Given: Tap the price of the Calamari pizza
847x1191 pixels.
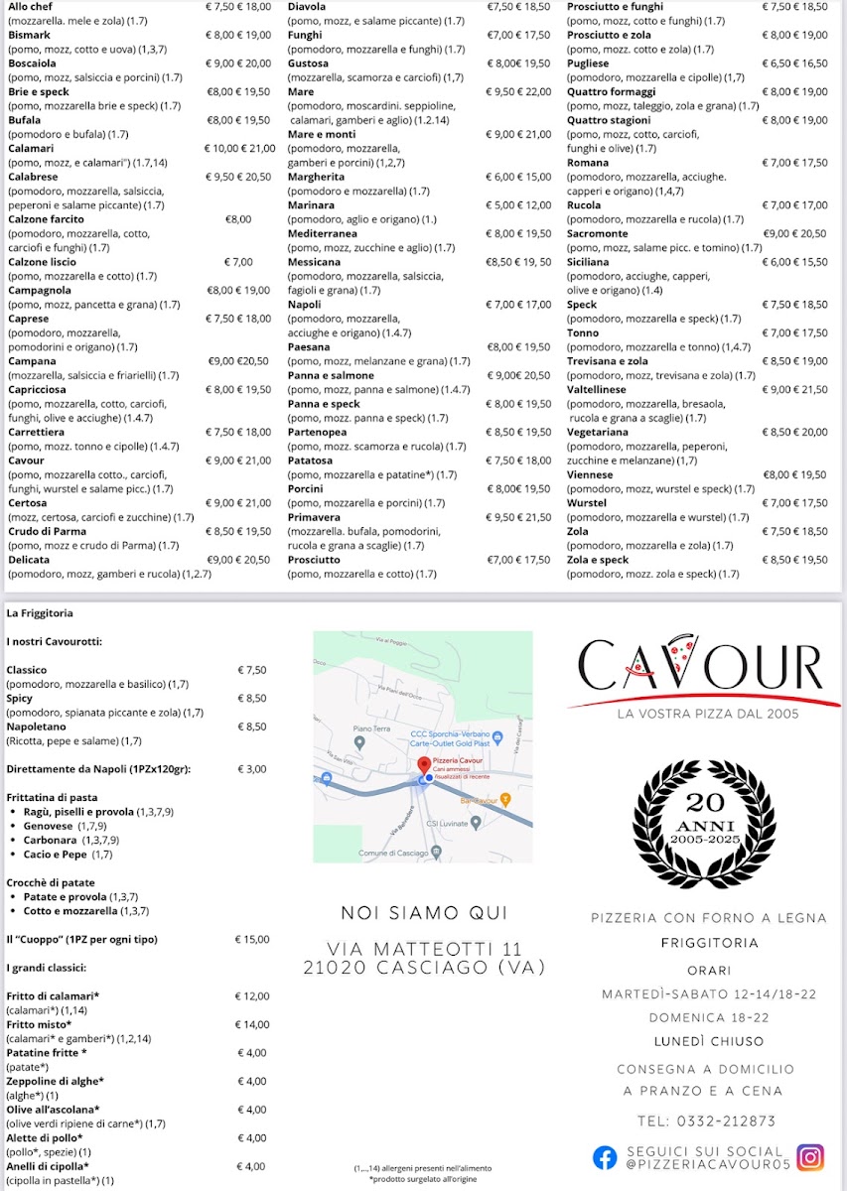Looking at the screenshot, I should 238,149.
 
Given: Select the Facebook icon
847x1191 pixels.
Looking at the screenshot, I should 604,1157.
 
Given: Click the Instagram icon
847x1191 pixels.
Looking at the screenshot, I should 810,1157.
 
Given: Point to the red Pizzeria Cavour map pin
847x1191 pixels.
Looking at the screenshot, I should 424,765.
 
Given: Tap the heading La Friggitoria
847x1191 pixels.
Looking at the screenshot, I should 40,613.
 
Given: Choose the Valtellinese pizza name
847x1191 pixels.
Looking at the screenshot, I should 596,390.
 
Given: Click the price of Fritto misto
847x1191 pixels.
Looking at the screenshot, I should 251,1024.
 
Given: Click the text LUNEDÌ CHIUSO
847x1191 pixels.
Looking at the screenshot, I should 708,1041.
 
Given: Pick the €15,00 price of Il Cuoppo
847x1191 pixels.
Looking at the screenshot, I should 251,939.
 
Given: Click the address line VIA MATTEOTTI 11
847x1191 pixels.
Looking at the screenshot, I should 424,950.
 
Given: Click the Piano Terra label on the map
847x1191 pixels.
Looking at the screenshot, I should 368,728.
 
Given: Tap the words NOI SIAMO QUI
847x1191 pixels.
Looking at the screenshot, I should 424,913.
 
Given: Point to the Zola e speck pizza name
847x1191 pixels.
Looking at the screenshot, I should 598,560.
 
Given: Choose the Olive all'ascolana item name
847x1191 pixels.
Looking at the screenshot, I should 53,1110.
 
